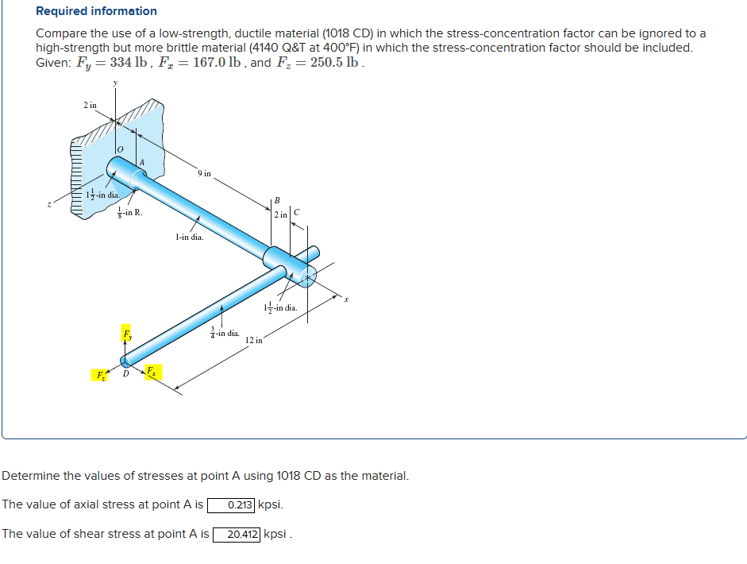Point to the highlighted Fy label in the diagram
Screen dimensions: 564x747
(126, 332)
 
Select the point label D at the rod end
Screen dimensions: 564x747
(125, 375)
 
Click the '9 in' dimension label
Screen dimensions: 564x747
(204, 173)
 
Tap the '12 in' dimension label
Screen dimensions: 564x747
(254, 340)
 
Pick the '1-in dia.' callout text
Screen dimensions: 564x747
(189, 236)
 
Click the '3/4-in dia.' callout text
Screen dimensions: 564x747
(225, 333)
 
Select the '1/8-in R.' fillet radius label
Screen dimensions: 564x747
(129, 212)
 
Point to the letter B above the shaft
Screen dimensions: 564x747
(277, 199)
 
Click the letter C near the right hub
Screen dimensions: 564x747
(296, 212)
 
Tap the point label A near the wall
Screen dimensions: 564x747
(142, 162)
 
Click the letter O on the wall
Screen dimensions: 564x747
(120, 149)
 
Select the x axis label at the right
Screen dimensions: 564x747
(345, 299)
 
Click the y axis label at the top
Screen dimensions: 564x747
(115, 83)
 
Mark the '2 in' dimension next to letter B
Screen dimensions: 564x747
(279, 215)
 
